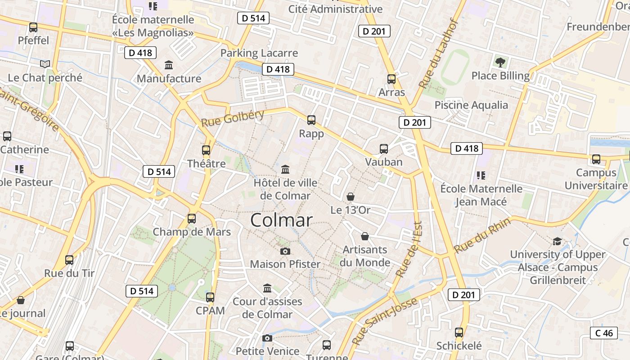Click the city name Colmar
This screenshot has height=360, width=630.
[x=281, y=220]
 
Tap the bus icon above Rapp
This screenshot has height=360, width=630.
[x=311, y=120]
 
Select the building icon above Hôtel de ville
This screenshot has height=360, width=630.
[x=285, y=170]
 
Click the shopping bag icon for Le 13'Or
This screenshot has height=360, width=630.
[x=351, y=197]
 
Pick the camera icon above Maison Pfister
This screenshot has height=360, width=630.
[x=285, y=251]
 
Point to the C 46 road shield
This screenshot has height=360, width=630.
[x=604, y=333]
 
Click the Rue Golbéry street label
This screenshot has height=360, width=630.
[x=232, y=118]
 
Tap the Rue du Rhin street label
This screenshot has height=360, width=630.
[x=482, y=235]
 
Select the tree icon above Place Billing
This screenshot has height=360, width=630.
[x=500, y=62]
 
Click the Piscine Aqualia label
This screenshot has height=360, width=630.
[x=471, y=105]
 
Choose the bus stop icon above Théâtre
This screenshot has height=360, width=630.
[x=206, y=150]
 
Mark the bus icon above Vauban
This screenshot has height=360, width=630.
[x=384, y=149]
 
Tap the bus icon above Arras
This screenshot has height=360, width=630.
[x=391, y=79]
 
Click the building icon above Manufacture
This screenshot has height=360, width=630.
[x=169, y=65]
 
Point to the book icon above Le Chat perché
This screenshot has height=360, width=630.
[x=45, y=64]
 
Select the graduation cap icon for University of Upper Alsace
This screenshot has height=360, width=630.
[x=558, y=241]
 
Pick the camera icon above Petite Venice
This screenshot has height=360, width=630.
[x=267, y=338]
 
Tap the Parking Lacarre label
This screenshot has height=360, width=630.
[x=259, y=53]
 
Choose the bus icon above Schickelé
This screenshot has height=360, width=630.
[x=459, y=333]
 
